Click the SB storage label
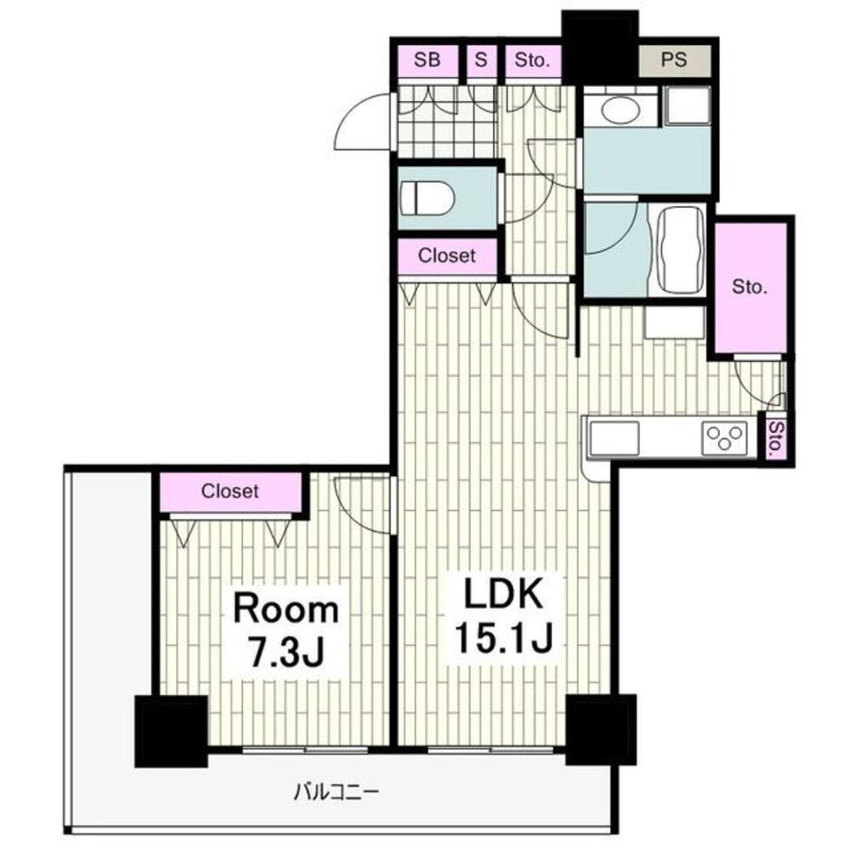pyautogui.click(x=427, y=60)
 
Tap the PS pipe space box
pyautogui.click(x=674, y=60)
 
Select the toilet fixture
pyautogui.click(x=427, y=199)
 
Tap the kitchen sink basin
pyautogui.click(x=614, y=437)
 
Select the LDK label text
pyautogui.click(x=503, y=595)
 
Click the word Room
pyautogui.click(x=285, y=609)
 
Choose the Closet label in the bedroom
pyautogui.click(x=230, y=492)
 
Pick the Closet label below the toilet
pyautogui.click(x=446, y=256)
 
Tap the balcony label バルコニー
pyautogui.click(x=336, y=792)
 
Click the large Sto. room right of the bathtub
pyautogui.click(x=750, y=286)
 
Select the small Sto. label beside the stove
pyautogui.click(x=776, y=438)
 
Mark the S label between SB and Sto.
pyautogui.click(x=481, y=60)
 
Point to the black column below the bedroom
pyautogui.click(x=171, y=731)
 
